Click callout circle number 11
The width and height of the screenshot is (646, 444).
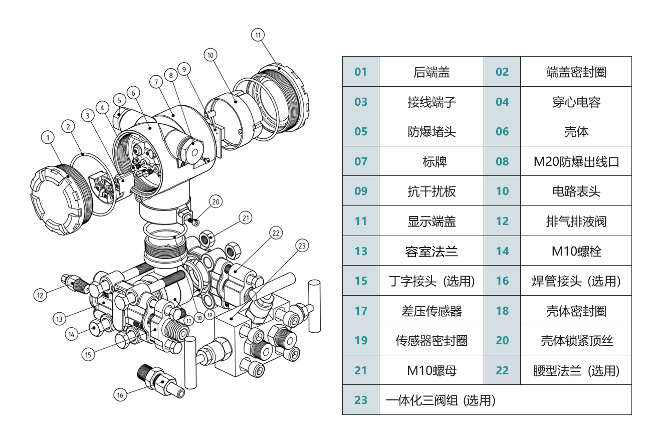pos(258,35)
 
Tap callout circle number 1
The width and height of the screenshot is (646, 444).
pos(48,137)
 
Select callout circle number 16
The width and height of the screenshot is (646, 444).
pos(120,395)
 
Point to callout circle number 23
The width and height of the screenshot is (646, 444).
pos(302,246)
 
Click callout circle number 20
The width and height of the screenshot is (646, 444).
pos(216,202)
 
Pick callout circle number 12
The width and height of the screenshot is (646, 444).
pos(40,295)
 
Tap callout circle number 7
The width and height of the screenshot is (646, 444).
pos(156,82)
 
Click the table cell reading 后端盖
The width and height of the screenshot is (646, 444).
pos(431,72)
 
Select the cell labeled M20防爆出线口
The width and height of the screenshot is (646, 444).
pos(576,161)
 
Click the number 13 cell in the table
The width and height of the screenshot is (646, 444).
pos(361,251)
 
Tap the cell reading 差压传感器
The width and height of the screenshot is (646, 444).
pos(431,311)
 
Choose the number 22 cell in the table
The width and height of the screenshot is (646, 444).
pos(502,370)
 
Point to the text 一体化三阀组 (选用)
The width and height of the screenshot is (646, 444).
pos(441,400)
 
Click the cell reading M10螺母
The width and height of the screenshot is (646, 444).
pos(431,370)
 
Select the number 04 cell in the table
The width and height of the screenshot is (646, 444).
pos(502,102)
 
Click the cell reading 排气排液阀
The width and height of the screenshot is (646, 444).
pos(576,221)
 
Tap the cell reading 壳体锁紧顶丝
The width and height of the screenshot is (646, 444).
pos(576,340)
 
